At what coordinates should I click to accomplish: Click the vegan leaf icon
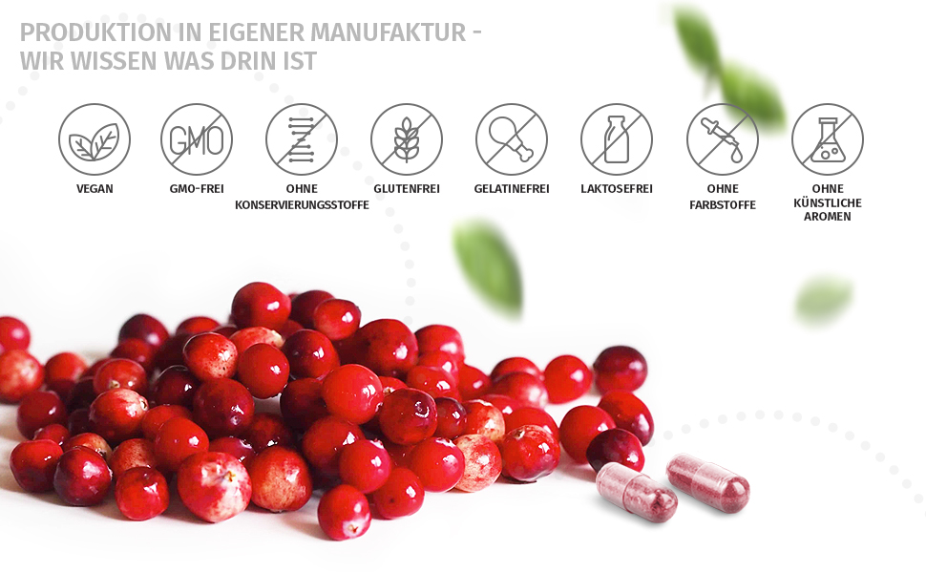95,139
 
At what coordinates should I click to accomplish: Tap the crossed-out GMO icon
197,139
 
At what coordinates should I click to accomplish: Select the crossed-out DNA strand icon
302,139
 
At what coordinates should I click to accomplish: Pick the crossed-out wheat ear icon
407,139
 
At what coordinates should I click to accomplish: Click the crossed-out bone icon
512,139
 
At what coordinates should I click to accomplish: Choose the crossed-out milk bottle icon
617,139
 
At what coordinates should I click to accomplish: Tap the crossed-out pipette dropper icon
723,139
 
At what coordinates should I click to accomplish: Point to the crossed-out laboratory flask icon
828,139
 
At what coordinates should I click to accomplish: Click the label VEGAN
95,189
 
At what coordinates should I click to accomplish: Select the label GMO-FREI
197,189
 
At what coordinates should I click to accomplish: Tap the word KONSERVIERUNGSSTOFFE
302,205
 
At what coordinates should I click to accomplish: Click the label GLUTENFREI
407,189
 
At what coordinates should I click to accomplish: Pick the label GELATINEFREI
512,189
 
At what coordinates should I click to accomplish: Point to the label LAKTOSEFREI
617,189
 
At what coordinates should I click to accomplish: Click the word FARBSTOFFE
723,205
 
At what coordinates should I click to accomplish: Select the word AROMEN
828,217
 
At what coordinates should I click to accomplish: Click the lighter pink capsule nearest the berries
636,493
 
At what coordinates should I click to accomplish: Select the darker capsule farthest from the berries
708,482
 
